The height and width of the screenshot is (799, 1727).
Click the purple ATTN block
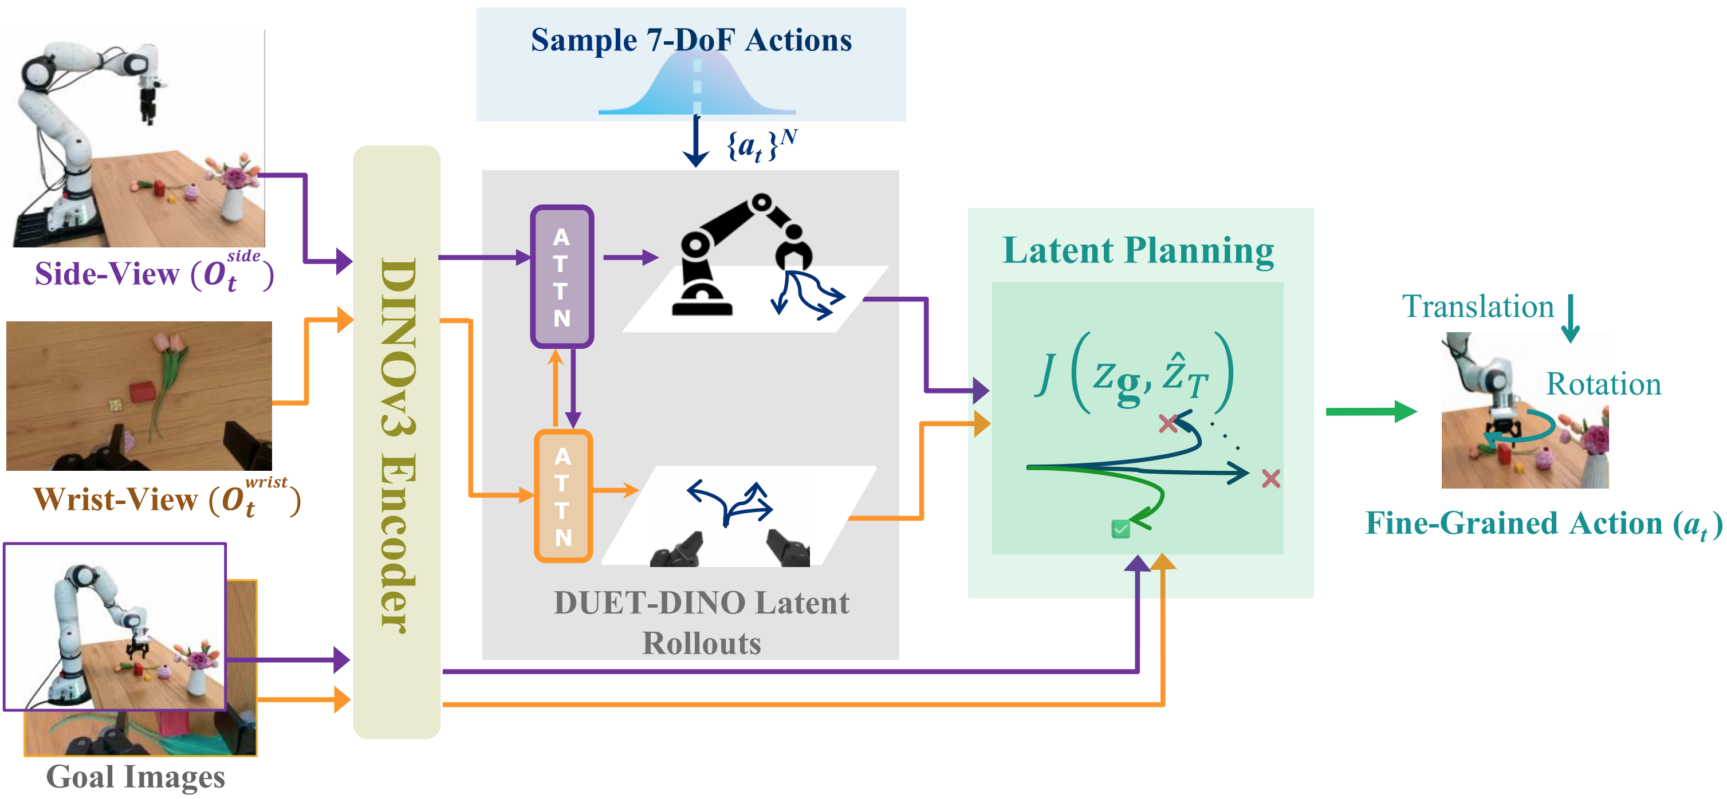click(x=562, y=276)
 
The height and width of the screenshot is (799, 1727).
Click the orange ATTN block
click(x=563, y=495)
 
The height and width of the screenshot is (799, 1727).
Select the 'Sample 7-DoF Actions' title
click(x=691, y=40)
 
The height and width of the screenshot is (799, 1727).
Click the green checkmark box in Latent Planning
click(x=1120, y=529)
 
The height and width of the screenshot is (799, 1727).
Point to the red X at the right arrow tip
click(x=1270, y=479)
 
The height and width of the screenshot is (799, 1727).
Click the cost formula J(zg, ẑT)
click(x=1134, y=373)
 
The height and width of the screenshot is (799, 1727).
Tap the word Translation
click(x=1478, y=306)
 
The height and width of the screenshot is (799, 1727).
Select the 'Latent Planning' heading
click(x=1138, y=251)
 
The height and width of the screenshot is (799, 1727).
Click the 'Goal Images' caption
click(x=135, y=777)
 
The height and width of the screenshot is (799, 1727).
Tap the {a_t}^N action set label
click(x=762, y=145)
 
